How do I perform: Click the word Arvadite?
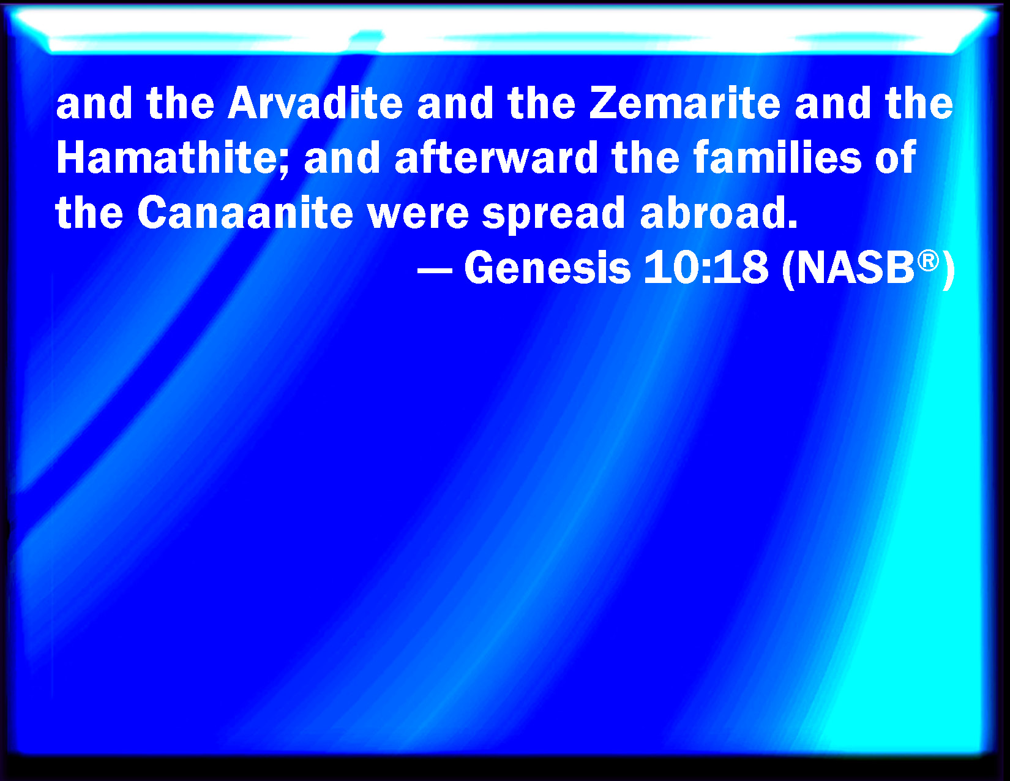pyautogui.click(x=315, y=103)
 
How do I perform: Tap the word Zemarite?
pyautogui.click(x=684, y=103)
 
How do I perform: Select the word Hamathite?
pyautogui.click(x=166, y=157)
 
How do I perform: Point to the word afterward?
pyautogui.click(x=496, y=157)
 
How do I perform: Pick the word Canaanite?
pyautogui.click(x=245, y=213)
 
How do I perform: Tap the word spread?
pyautogui.click(x=553, y=216)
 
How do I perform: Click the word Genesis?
pyautogui.click(x=547, y=268)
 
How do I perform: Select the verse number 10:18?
pyautogui.click(x=706, y=268)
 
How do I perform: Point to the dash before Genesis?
pyautogui.click(x=435, y=270)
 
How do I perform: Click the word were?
pyautogui.click(x=418, y=216)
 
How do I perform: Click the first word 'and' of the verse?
pyautogui.click(x=94, y=103)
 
